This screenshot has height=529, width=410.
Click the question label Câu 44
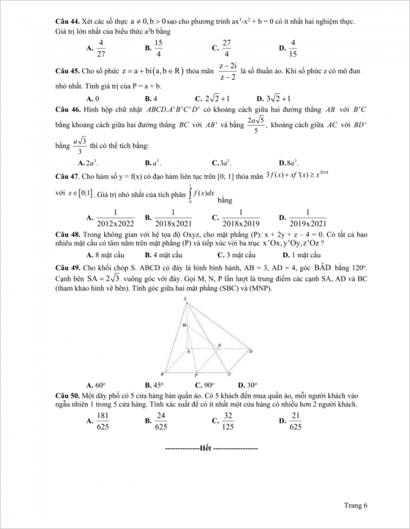pyautogui.click(x=66, y=21)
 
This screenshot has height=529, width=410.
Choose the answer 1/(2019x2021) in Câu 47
pyautogui.click(x=307, y=218)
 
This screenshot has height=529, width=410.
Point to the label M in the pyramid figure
pyautogui.click(x=185, y=325)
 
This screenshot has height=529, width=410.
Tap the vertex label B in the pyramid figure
pyautogui.click(x=165, y=372)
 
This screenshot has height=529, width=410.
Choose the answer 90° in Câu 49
pyautogui.click(x=205, y=384)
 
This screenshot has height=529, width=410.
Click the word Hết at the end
pyautogui.click(x=205, y=448)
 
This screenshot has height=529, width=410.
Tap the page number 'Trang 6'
pyautogui.click(x=356, y=504)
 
